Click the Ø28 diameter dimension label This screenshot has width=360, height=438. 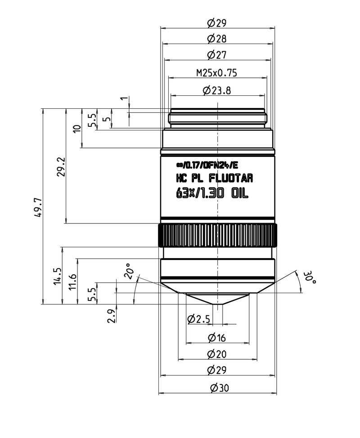(x=217, y=39)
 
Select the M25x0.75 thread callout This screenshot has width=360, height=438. (x=217, y=72)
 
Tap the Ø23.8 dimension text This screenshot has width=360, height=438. (x=217, y=90)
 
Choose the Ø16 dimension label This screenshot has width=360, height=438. (x=216, y=338)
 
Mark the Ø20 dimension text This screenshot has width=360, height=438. (x=216, y=354)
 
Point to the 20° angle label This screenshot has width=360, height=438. (x=130, y=273)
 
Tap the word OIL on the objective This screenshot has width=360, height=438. (x=240, y=194)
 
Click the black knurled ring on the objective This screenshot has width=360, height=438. (x=217, y=235)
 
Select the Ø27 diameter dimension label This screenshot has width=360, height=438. (x=217, y=55)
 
